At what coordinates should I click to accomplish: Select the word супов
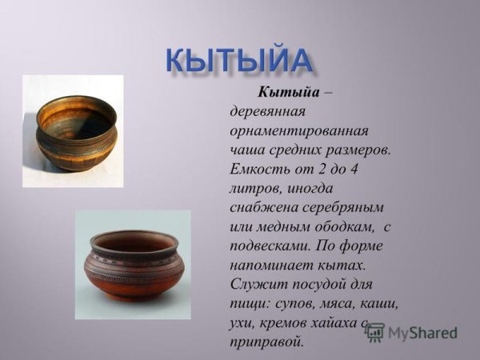(x=296, y=305)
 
